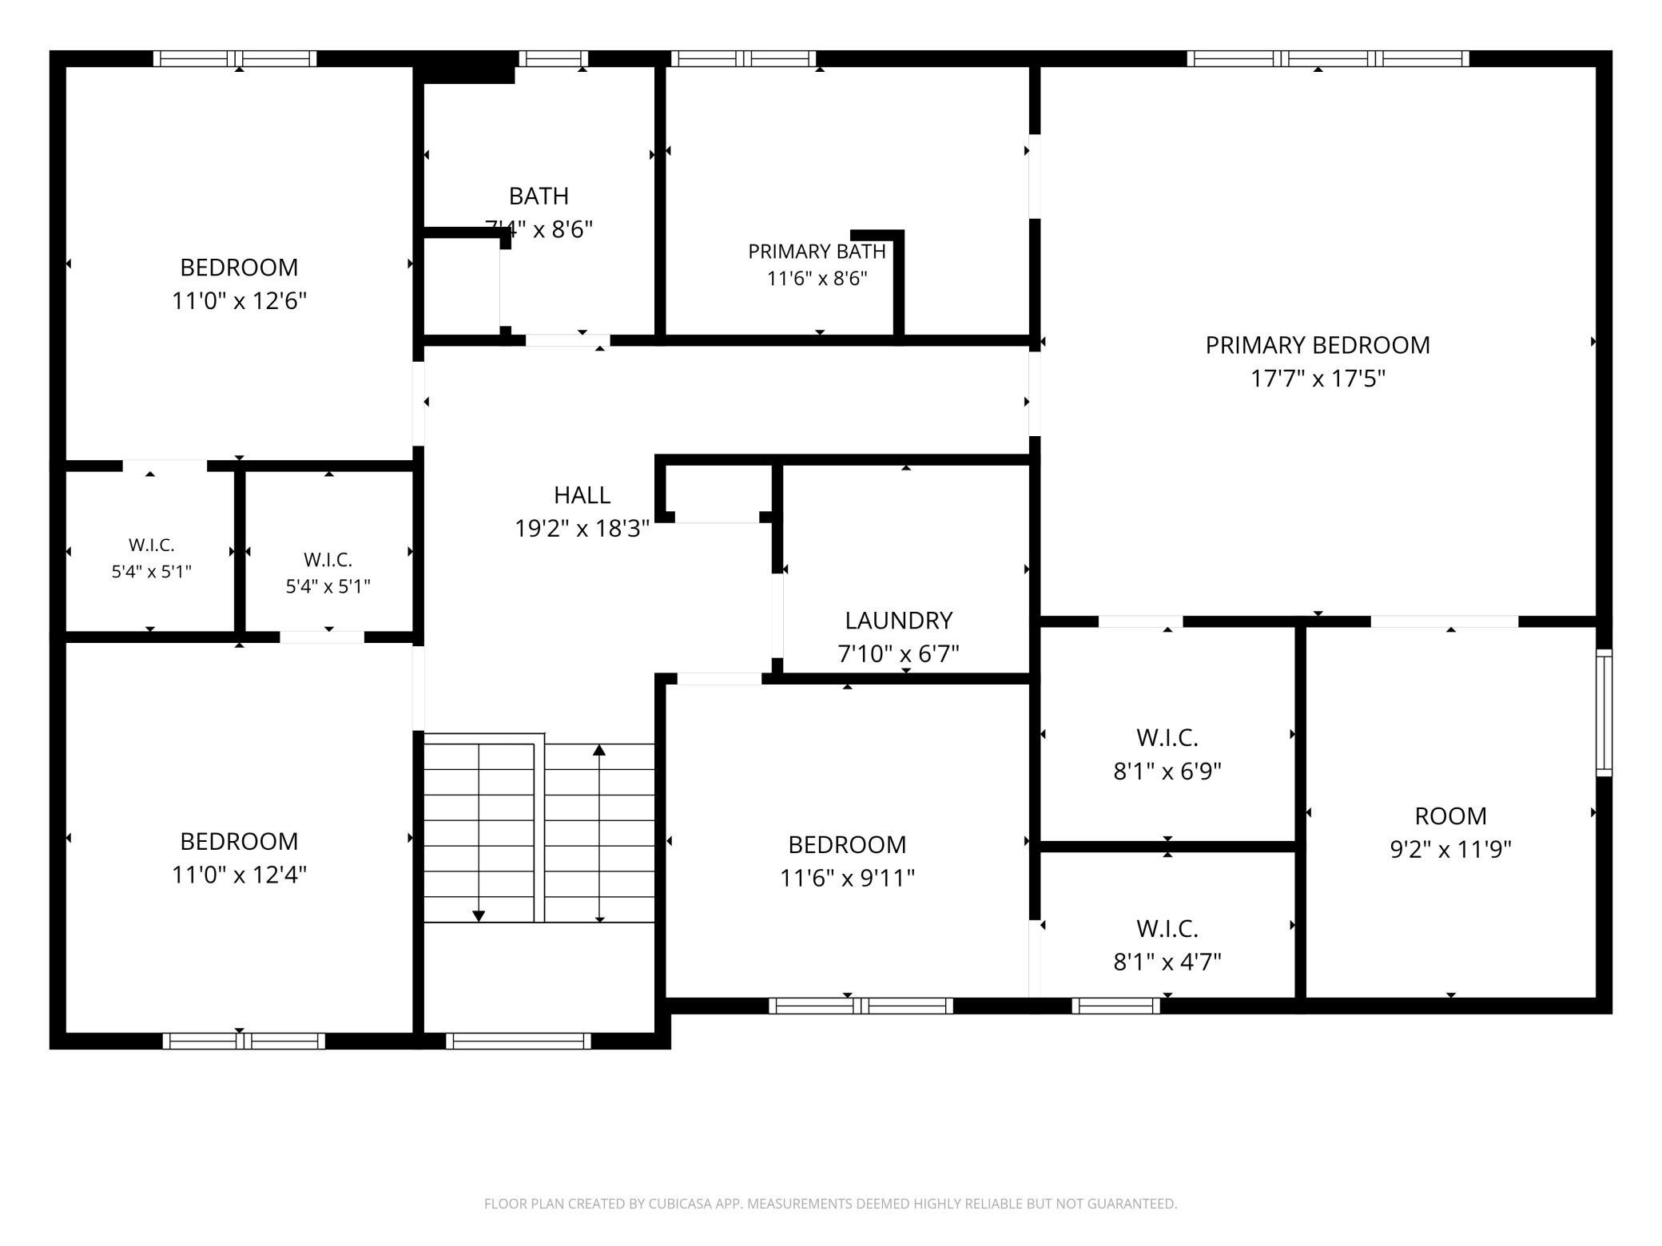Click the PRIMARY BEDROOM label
pos(1318,345)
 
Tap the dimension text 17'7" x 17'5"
pos(1318,379)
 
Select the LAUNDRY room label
pos(899,621)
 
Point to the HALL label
pos(582,495)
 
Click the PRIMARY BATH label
pos(817,252)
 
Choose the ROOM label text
pos(1451,816)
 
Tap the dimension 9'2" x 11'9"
pos(1451,850)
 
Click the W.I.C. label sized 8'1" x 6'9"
pos(1167,737)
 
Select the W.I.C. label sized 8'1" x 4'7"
pos(1167,929)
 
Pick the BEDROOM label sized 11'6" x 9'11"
pos(847,845)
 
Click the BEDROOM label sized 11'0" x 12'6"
pos(239,268)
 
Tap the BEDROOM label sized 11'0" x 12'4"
pos(239,842)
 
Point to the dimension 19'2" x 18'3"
pos(582,529)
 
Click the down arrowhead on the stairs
pos(479,916)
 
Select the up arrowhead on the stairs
pos(599,750)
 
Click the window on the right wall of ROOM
pos(1604,712)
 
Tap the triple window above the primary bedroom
pos(1328,58)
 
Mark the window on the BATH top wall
pos(554,58)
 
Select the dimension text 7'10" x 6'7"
pos(899,654)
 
